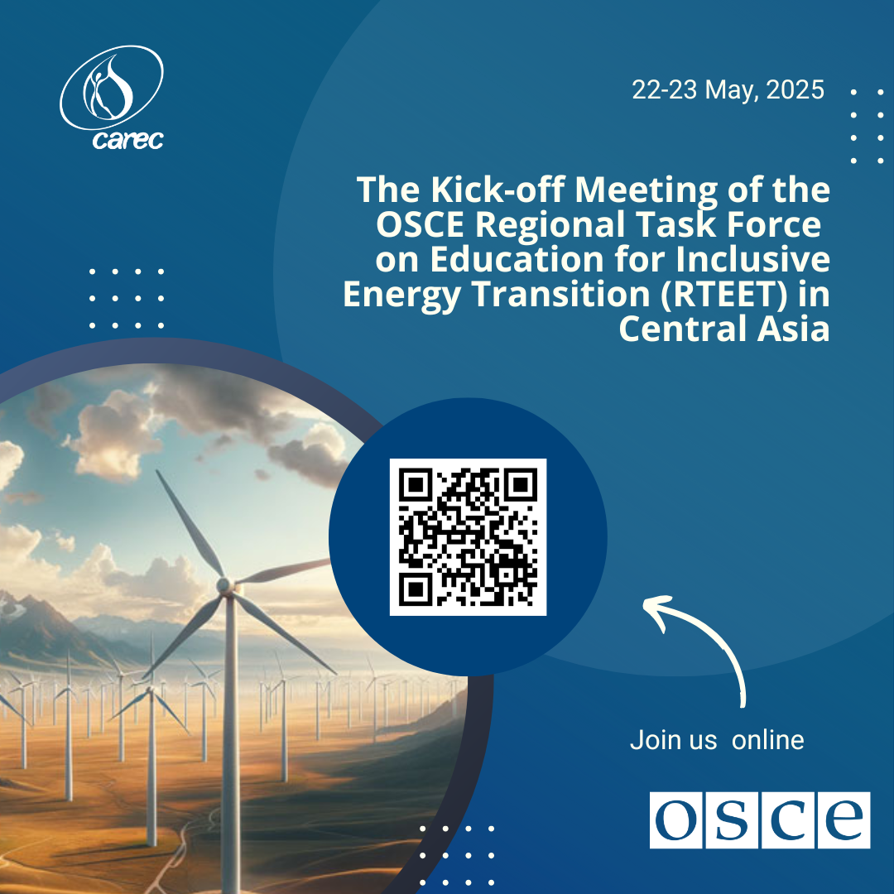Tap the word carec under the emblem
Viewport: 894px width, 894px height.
(128, 139)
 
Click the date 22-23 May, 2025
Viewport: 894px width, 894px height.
(728, 90)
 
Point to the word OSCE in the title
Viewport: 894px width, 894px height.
(421, 224)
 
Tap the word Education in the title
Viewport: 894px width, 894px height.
(517, 259)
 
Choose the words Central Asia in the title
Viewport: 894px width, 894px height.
(724, 329)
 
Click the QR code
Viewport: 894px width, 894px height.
(468, 537)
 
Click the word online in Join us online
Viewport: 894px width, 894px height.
(767, 740)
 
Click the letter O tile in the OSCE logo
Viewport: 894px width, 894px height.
(676, 819)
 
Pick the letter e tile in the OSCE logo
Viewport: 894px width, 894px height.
(844, 819)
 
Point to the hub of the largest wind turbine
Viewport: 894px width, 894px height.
(223, 585)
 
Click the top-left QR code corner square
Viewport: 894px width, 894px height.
(415, 484)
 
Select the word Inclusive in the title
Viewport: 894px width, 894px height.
(752, 259)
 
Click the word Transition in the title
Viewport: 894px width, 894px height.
(561, 295)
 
